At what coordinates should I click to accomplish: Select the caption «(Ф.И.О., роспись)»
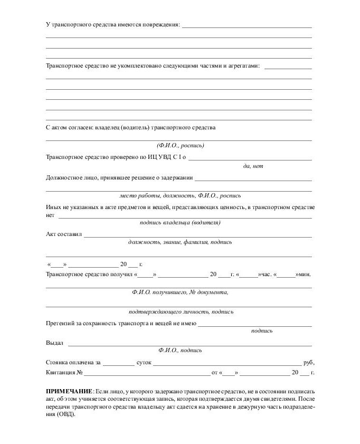coord(180,145)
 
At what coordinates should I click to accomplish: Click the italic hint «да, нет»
coord(253,166)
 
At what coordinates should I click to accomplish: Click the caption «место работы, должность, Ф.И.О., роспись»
coord(180,195)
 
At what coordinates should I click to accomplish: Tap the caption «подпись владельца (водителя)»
coord(180,222)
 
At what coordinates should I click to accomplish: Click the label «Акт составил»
coord(64,234)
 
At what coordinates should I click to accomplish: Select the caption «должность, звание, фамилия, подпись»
coord(180,242)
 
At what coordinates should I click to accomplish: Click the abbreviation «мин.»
coord(304,274)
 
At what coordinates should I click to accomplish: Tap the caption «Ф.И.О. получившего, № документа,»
coord(180,291)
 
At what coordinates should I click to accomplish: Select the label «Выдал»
coord(54,343)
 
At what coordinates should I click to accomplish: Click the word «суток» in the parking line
coord(144,363)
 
